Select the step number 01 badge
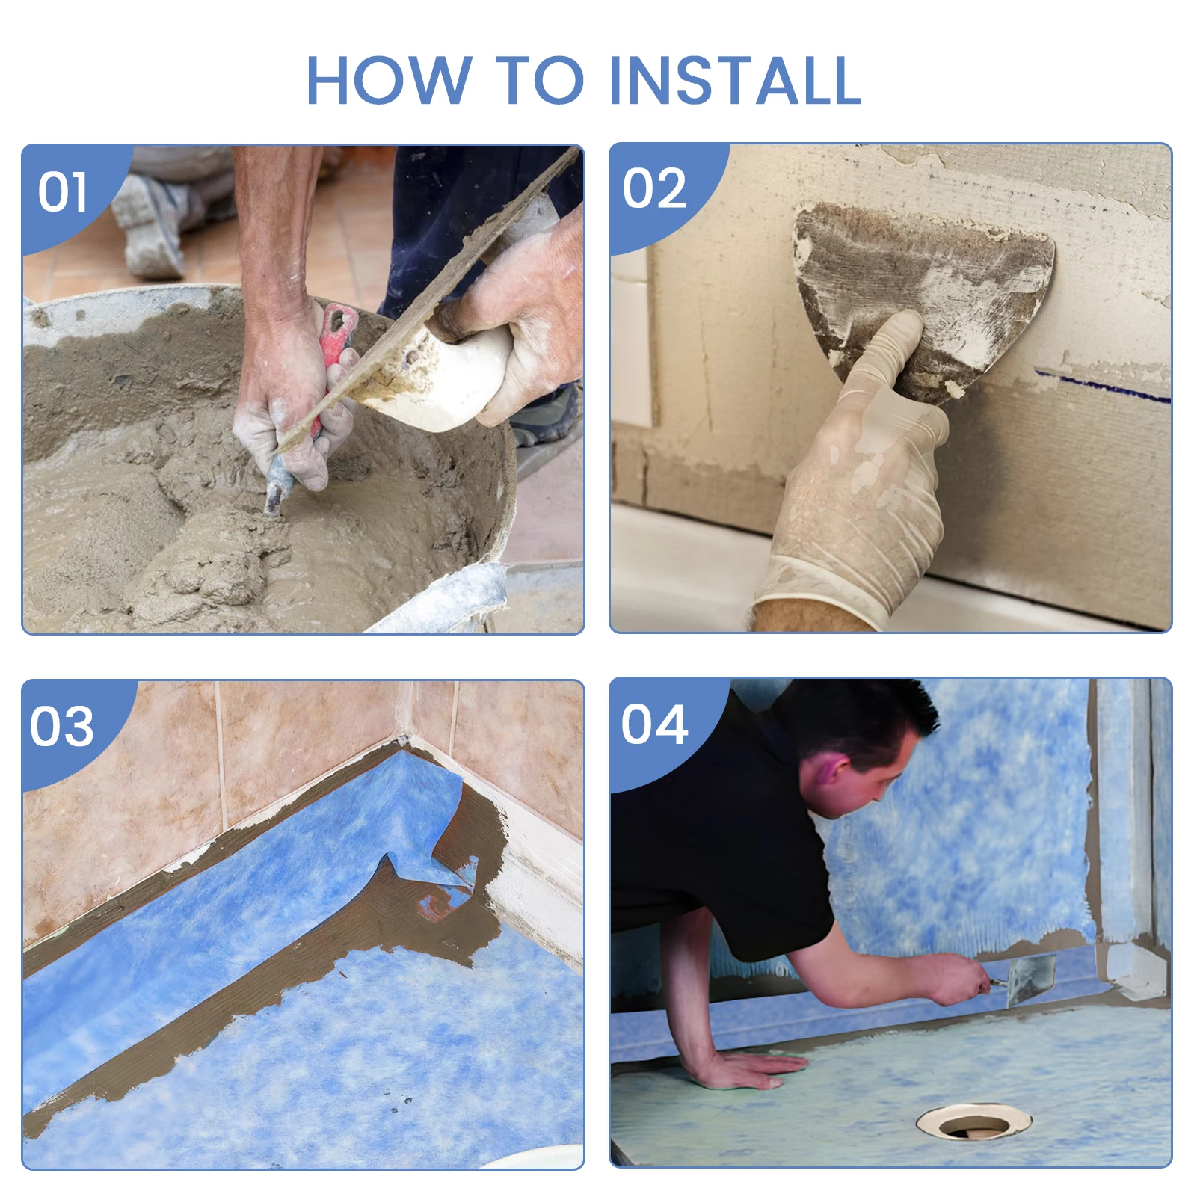tap(63, 192)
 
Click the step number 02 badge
tap(654, 188)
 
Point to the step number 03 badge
tap(62, 726)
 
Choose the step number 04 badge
tap(654, 724)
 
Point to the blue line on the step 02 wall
tap(1103, 386)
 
